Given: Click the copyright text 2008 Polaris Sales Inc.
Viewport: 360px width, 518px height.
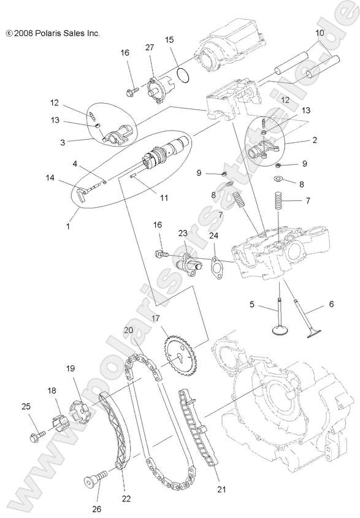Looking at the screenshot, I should point(52,33).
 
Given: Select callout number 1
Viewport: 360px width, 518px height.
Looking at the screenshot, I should point(68,226).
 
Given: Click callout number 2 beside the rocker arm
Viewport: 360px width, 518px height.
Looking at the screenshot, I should point(332,140).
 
